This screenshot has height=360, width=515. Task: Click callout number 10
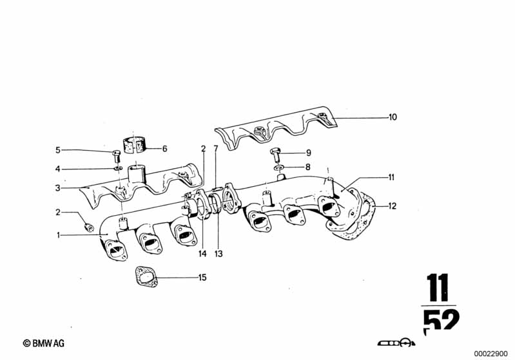[393, 117]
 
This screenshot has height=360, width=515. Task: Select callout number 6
[164, 148]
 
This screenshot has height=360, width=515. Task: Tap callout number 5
[57, 151]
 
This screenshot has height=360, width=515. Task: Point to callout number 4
[57, 169]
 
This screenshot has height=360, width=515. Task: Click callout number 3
[57, 188]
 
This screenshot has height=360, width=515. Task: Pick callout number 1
[58, 235]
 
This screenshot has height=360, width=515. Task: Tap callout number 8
[307, 167]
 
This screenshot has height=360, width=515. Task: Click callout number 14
[202, 254]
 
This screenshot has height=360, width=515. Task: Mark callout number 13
[219, 254]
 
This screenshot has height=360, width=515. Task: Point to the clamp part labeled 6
[135, 145]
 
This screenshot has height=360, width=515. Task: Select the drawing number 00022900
[492, 352]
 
